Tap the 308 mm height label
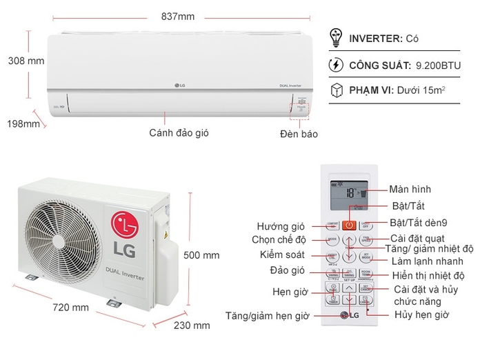pyautogui.click(x=26, y=61)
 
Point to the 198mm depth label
pyautogui.click(x=23, y=123)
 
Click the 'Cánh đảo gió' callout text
pyautogui.click(x=179, y=132)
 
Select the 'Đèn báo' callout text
pyautogui.click(x=299, y=134)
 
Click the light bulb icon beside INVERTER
pyautogui.click(x=337, y=38)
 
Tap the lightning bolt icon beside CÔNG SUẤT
pyautogui.click(x=337, y=66)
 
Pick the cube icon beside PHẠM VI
pyautogui.click(x=337, y=91)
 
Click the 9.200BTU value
pyautogui.click(x=437, y=66)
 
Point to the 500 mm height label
pyautogui.click(x=201, y=255)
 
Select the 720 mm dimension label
pyautogui.click(x=70, y=308)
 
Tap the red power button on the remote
pyautogui.click(x=350, y=224)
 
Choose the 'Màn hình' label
pyautogui.click(x=410, y=189)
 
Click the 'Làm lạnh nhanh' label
pyautogui.click(x=428, y=261)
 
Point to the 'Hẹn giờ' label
pyautogui.click(x=290, y=292)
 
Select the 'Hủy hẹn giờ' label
pyautogui.click(x=421, y=314)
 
